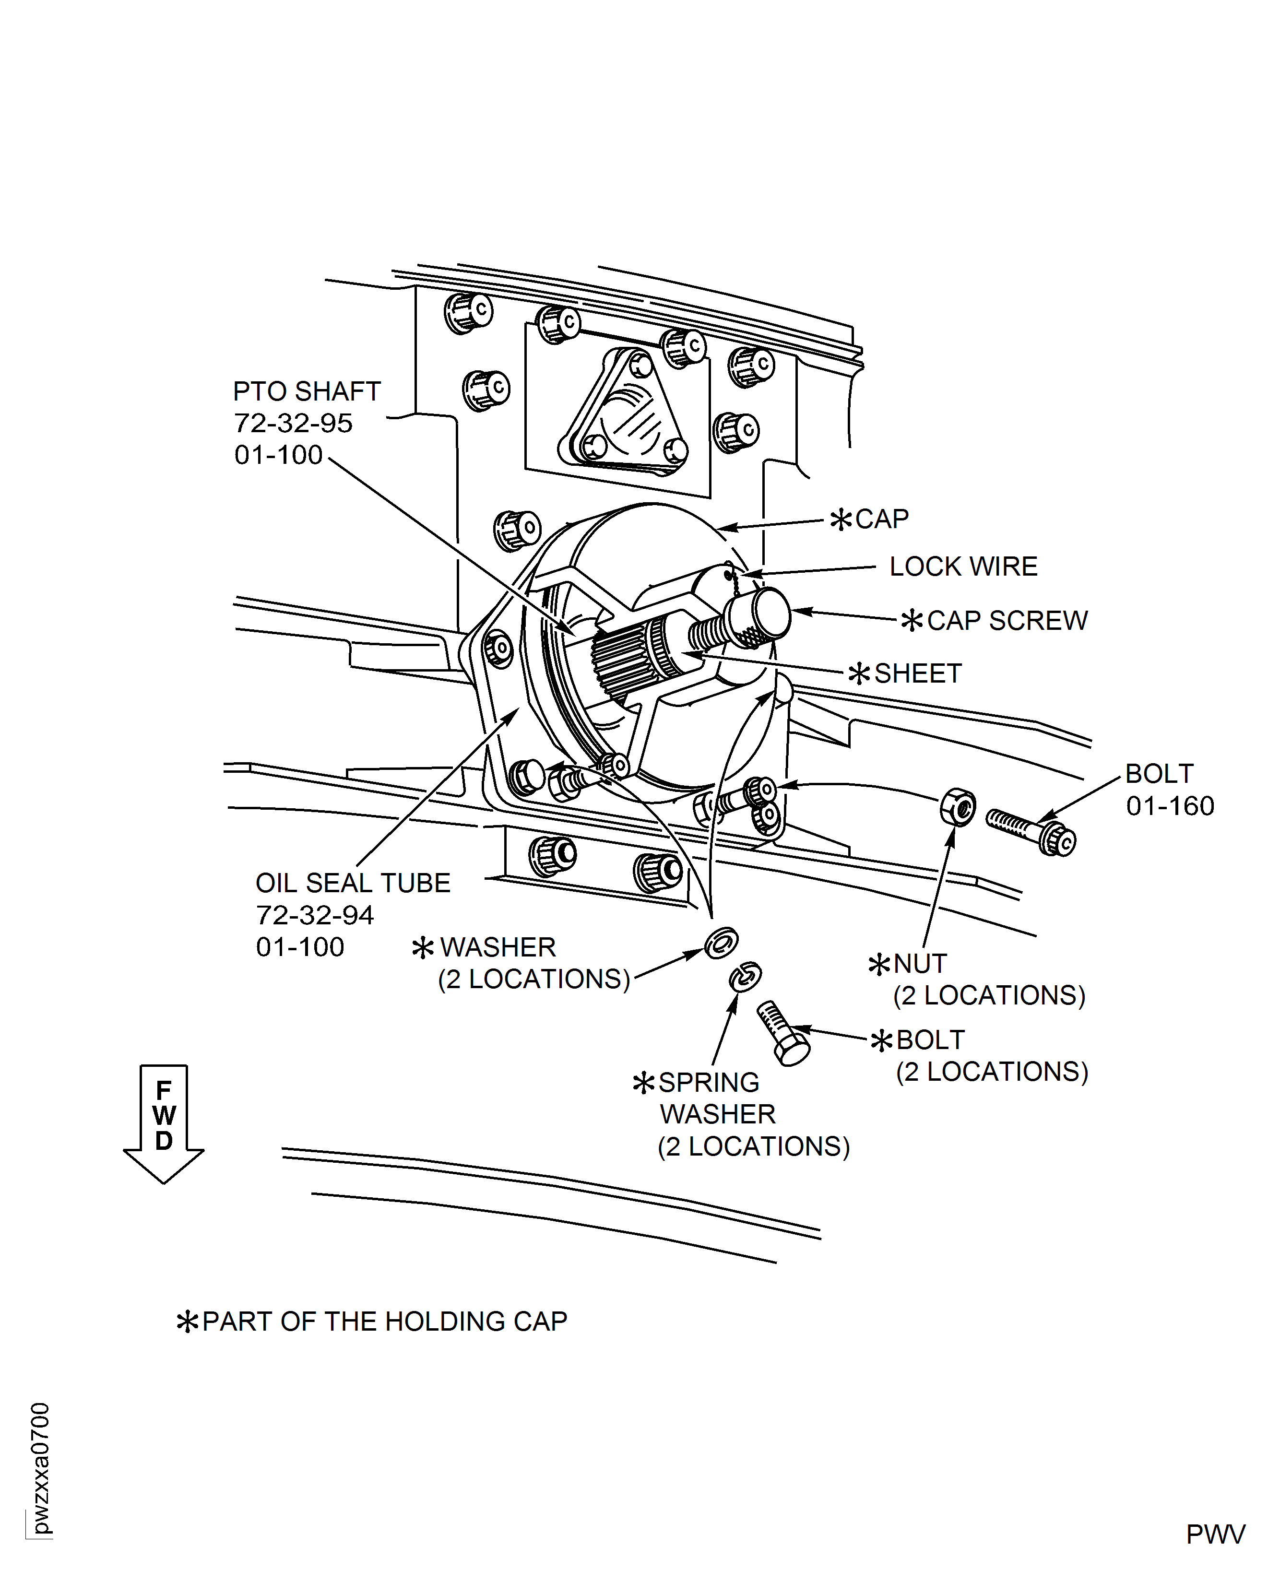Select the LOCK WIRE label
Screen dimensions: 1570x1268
tap(963, 567)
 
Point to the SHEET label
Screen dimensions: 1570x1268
tap(917, 673)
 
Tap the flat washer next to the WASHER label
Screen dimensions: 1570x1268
tap(721, 944)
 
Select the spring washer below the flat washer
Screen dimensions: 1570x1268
tap(745, 976)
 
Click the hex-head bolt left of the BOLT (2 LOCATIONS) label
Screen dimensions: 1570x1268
tap(783, 1033)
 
